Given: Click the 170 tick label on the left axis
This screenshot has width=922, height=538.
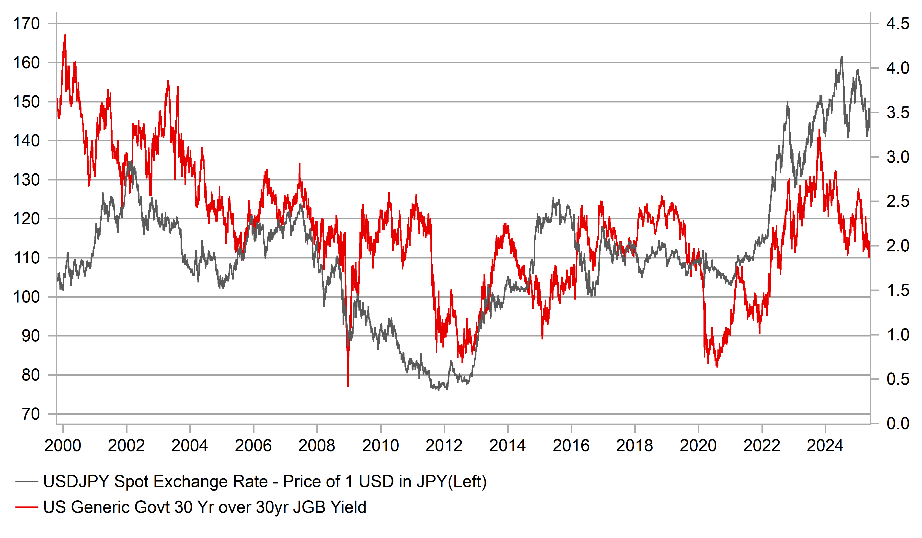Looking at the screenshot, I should pos(26,24).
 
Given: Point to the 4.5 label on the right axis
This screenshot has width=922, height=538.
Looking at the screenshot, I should pos(898,24).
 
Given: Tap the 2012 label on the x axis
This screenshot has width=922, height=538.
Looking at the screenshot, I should pos(444,446).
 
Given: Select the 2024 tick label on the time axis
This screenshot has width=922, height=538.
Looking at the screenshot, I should pos(825,446).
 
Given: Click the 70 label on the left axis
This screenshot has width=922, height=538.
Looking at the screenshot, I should pos(31,414).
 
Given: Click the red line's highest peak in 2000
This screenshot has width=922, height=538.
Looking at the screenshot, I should pos(65,35).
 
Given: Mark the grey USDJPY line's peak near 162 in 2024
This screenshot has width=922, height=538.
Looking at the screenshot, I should pos(842,57).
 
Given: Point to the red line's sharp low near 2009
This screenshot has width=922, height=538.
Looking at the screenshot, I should pos(347,385).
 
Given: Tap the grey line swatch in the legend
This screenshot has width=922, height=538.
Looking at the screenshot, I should pos(26,482).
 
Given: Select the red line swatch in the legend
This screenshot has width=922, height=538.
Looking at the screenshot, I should pos(26,507).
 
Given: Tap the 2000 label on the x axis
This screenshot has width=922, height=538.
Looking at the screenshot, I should pos(63,446).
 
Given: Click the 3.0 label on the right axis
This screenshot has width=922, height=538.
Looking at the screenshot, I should pos(898,157).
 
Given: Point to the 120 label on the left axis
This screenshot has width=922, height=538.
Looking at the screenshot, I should pos(26,219).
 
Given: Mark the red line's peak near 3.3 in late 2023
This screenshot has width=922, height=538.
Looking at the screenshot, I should pos(819,130).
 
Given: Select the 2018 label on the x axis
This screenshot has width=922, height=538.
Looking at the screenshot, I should pos(634,446).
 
